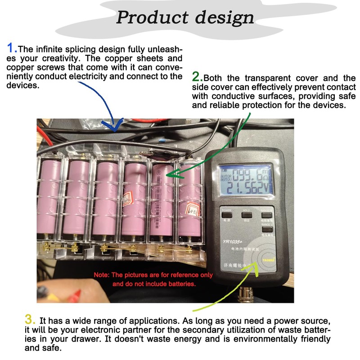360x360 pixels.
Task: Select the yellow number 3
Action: coord(30,320)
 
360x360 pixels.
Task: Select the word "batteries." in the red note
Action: coord(184,284)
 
